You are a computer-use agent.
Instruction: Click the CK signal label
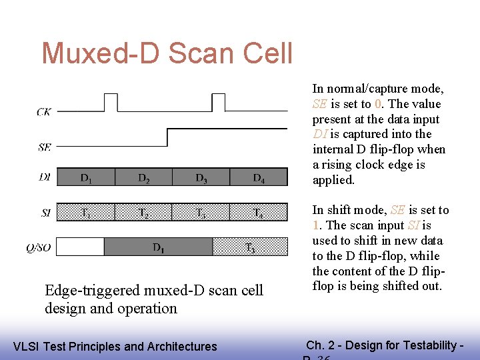43,112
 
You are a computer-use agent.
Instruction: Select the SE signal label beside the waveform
44,147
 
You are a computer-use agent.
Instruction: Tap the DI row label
44,177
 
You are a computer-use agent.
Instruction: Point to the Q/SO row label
39,248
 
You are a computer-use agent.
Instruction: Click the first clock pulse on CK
111,102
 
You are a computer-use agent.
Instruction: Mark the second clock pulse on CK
218,102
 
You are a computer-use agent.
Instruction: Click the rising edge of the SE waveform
167,137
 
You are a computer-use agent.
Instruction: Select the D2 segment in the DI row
143,177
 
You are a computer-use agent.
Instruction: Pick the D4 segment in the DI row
259,177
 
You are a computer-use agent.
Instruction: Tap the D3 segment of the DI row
201,177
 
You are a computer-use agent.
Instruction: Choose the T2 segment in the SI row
143,213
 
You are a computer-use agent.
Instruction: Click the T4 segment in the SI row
259,213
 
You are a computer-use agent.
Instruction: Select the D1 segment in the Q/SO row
159,247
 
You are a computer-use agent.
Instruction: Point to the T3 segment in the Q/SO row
250,247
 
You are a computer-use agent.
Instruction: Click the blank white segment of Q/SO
81,247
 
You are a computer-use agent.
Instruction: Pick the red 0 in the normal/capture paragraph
378,104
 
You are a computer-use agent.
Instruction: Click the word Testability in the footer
419,345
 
